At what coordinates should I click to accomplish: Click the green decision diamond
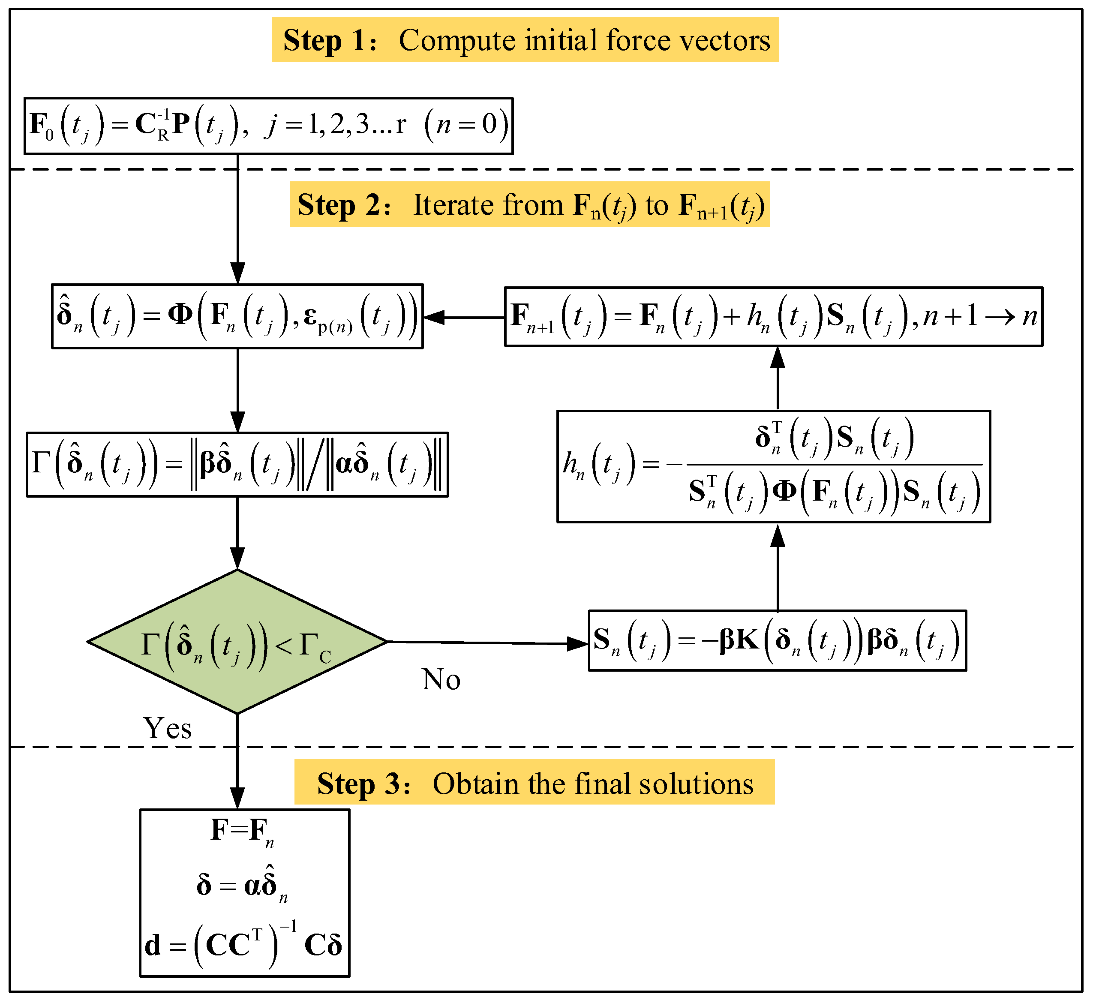[237, 642]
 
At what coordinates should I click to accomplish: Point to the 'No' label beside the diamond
[441, 679]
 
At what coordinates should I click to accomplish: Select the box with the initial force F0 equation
[269, 126]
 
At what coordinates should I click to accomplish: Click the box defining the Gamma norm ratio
[237, 465]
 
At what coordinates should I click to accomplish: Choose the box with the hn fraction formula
[773, 466]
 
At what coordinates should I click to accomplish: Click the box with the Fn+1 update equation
[773, 316]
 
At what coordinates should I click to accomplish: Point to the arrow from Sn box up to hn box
[778, 568]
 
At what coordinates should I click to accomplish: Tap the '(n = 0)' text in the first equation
[466, 125]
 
